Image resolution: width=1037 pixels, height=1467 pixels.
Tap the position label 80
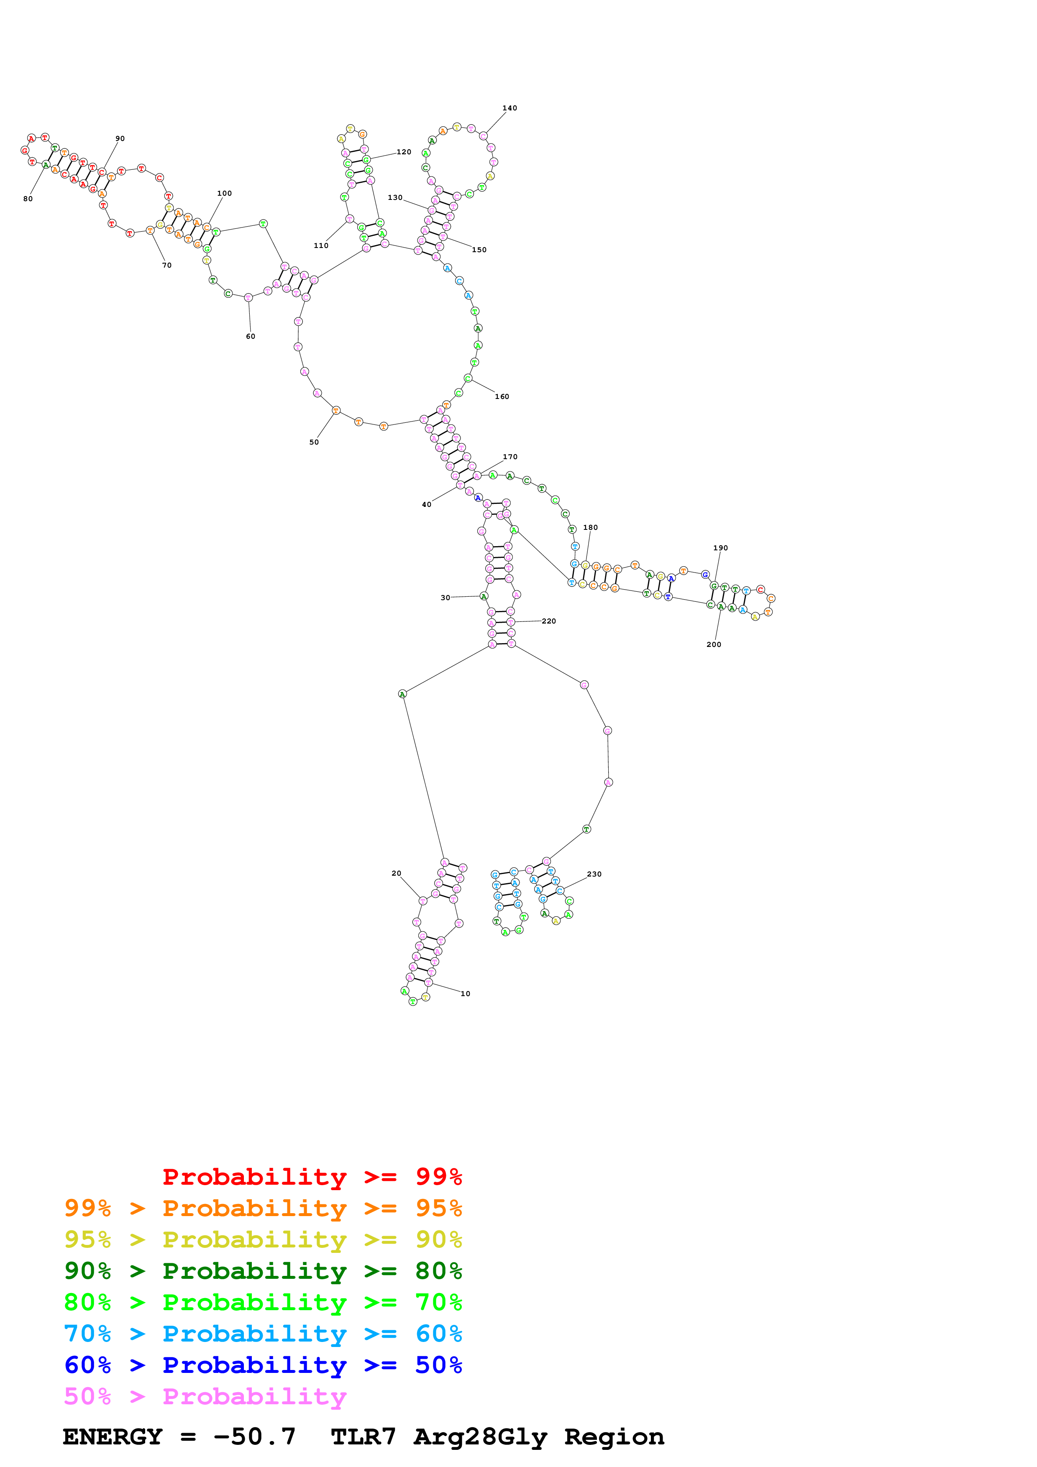(x=28, y=199)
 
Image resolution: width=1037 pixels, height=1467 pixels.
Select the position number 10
(x=465, y=994)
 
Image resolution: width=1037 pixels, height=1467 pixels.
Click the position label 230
(x=594, y=874)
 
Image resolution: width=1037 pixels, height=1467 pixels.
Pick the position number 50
(x=314, y=442)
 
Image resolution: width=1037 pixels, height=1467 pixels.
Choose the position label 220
(x=548, y=621)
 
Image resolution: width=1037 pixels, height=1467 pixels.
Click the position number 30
(x=446, y=598)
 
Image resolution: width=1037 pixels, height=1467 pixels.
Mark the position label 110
(x=321, y=245)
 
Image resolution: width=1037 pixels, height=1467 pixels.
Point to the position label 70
(x=167, y=265)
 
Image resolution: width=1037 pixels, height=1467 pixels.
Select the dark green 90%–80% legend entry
(x=263, y=1271)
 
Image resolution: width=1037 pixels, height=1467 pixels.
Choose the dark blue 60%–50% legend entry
(x=263, y=1365)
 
